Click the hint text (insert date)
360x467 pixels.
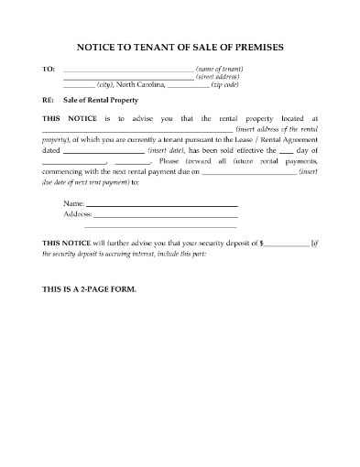pos(167,147)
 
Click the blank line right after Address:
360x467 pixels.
pos(166,214)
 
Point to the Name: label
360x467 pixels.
pos(74,203)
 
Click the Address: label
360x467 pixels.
pos(78,213)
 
